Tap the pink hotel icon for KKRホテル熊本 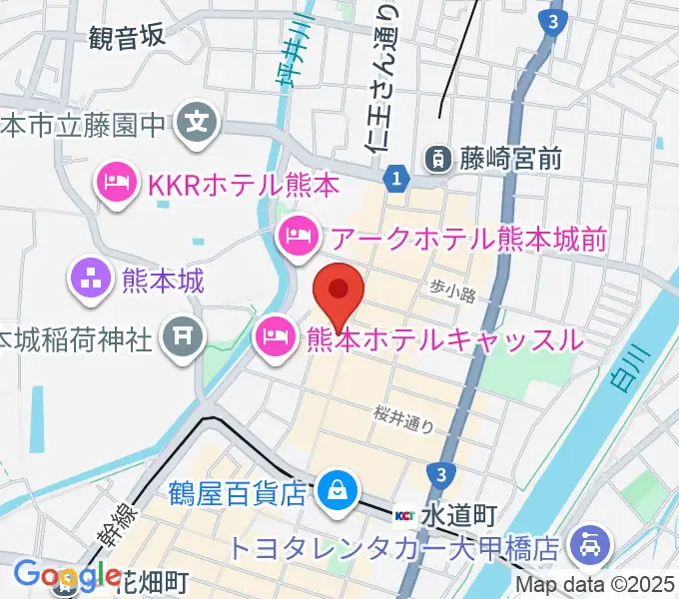pyautogui.click(x=116, y=183)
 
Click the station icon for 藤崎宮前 pyautogui.click(x=437, y=156)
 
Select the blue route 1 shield pyautogui.click(x=397, y=178)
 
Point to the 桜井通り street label pyautogui.click(x=404, y=417)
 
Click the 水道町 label pyautogui.click(x=458, y=515)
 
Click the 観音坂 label pyautogui.click(x=127, y=38)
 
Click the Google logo pyautogui.click(x=68, y=575)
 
